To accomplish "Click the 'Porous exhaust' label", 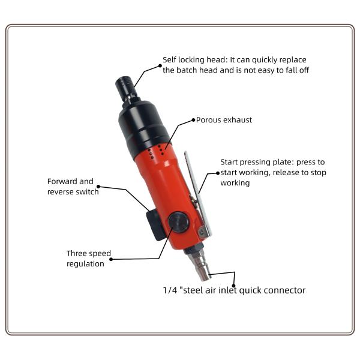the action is tap(224, 120).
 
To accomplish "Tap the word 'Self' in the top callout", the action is tap(169, 59).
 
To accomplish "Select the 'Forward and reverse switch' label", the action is tap(73, 187).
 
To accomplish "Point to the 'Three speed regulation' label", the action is tap(89, 259).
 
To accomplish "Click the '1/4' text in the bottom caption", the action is tap(170, 290).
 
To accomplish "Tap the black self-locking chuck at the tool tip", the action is tap(126, 88).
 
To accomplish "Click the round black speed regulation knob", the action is tap(178, 222).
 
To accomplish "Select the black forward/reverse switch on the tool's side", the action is tap(155, 225).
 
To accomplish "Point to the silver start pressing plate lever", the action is tap(198, 194).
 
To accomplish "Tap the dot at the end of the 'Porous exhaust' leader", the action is tap(194, 120).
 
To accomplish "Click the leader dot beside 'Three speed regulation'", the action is tap(111, 259).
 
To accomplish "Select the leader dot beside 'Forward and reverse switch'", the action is tap(98, 187).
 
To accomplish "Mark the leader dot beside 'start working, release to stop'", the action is tap(218, 173).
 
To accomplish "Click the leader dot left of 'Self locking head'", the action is tap(160, 66).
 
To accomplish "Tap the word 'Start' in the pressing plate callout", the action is tap(228, 162).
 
